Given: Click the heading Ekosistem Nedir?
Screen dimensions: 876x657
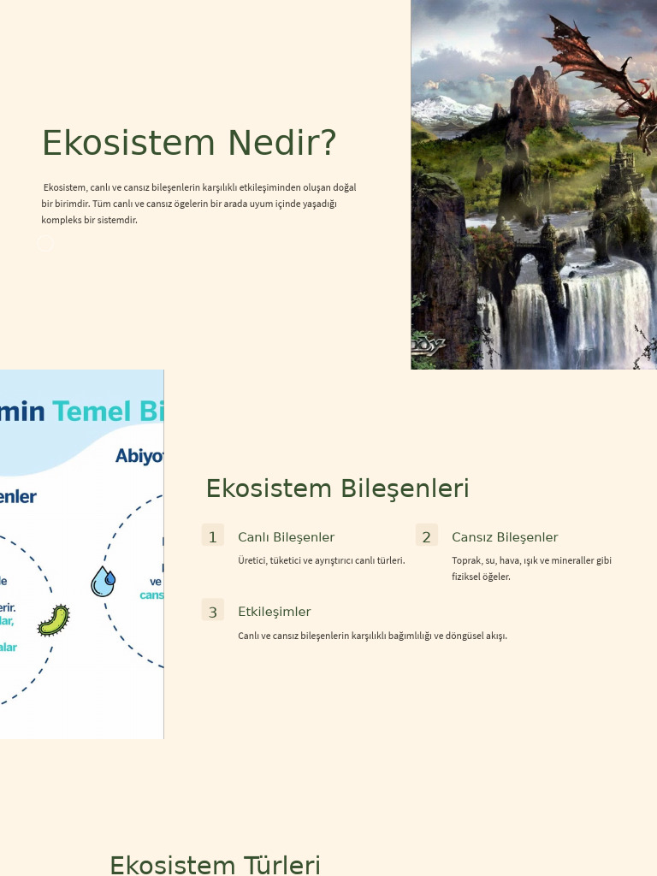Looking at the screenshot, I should [189, 143].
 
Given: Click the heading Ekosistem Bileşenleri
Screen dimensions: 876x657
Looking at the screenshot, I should [337, 488].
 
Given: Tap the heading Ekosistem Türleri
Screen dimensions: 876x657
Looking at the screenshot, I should [215, 864].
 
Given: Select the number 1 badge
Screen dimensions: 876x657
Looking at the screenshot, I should [213, 536].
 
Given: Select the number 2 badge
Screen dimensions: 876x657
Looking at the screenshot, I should [426, 536].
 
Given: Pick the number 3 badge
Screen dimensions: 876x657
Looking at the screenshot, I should [213, 611].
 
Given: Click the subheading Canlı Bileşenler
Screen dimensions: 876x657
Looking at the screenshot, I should [286, 537].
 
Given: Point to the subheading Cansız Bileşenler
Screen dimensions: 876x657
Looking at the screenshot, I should [505, 537].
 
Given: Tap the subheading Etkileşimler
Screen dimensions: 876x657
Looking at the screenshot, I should [274, 612].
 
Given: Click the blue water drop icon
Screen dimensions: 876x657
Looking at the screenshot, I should [104, 582].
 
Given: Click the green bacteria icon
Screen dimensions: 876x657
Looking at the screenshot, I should [54, 620].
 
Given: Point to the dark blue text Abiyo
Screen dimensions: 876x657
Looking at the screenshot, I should [139, 456].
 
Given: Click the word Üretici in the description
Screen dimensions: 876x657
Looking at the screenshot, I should [252, 560].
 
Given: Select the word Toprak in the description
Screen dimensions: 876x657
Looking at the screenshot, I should [466, 560].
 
